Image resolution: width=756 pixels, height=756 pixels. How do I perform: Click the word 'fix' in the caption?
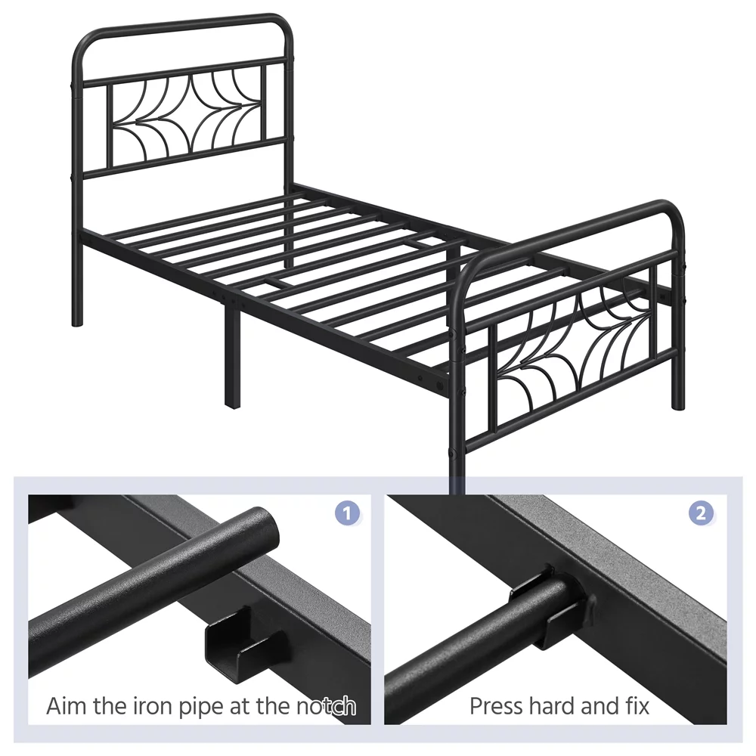click(635, 707)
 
